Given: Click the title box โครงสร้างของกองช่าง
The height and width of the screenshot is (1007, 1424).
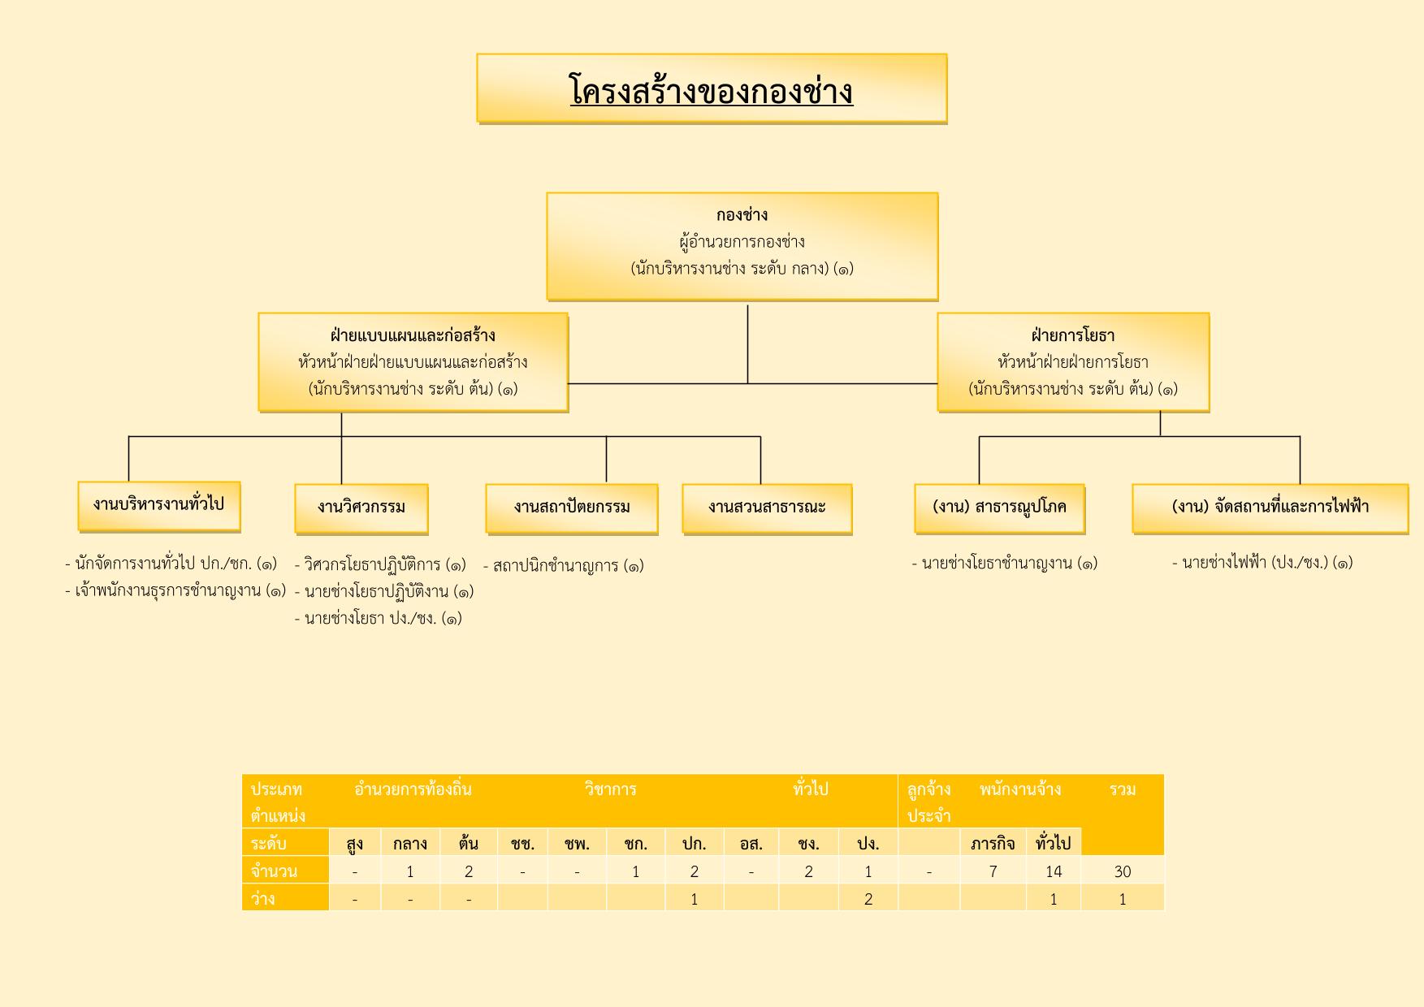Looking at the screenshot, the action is point(712,89).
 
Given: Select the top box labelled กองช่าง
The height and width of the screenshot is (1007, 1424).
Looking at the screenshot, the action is point(742,246).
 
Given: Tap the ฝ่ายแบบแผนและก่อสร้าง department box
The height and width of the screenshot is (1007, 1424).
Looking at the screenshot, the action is point(413,362).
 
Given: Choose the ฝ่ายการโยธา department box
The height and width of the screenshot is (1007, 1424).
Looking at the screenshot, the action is point(1073,362).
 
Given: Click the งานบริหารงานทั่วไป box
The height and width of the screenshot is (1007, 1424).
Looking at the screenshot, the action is point(159,507).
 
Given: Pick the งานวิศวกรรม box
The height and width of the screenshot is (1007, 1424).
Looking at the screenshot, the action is point(361,509).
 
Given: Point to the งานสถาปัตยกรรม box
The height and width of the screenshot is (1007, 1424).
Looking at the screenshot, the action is point(572,509).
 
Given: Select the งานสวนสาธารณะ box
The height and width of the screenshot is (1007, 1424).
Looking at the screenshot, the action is point(767,509).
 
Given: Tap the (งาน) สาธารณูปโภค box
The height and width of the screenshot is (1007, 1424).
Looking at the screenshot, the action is point(999,509).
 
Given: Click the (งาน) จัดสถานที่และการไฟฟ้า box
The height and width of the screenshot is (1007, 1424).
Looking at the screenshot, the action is point(1270,509).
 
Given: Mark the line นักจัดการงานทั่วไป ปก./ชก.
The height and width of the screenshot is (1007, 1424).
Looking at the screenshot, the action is point(171,564).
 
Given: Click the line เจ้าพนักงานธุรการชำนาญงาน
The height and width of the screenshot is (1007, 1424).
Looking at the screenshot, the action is point(175,591).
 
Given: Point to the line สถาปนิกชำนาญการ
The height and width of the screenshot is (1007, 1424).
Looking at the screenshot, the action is point(563,565).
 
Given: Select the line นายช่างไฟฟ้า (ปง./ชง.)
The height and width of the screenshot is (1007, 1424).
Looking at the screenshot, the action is point(1262,563).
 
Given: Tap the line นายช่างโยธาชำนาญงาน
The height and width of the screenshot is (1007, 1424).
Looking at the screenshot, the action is point(1005,564).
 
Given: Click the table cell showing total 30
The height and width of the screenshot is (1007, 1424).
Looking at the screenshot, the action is point(1123,871).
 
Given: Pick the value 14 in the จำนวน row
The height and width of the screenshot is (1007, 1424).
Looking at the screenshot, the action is point(1054,871).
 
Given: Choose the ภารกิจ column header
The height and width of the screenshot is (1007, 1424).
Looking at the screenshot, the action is point(993,843).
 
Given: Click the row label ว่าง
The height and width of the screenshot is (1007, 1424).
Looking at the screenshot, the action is point(263,898).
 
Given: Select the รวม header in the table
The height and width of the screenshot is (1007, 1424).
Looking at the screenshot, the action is point(1123,789).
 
